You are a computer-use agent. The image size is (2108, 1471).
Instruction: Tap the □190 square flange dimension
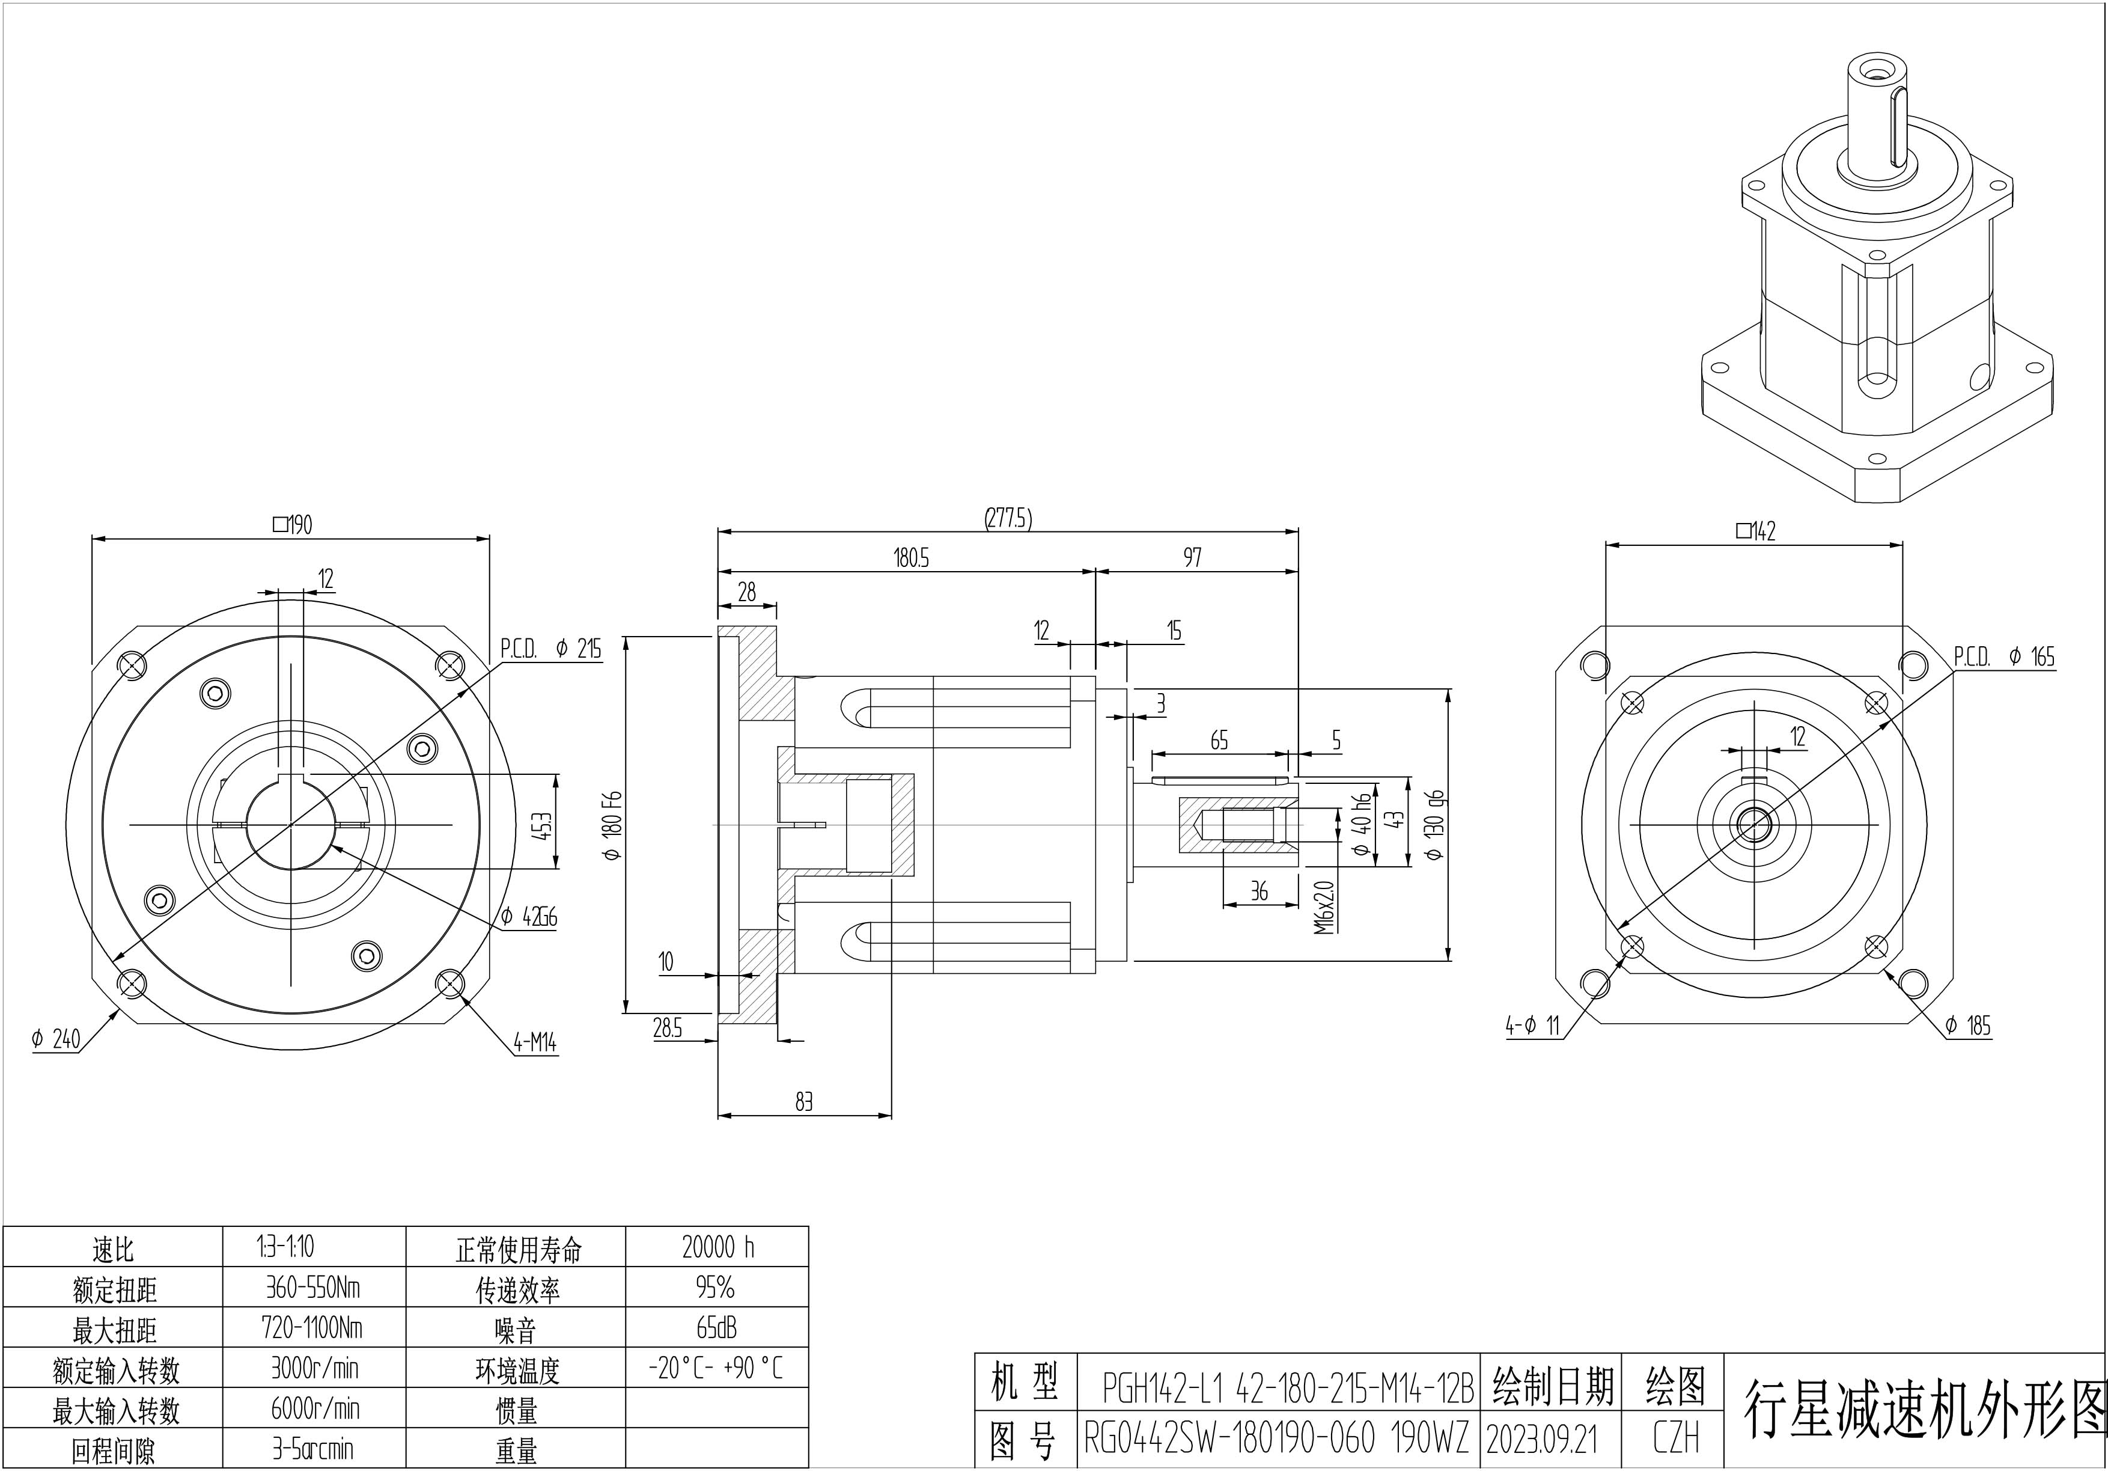point(293,524)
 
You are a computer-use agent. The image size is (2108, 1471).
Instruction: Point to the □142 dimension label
point(1755,531)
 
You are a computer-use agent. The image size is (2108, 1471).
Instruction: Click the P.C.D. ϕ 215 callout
point(551,649)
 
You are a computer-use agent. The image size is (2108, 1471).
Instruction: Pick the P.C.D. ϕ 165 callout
point(2003,656)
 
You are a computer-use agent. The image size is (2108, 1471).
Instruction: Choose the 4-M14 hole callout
point(534,1042)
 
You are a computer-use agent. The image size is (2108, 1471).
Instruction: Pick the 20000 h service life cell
point(717,1247)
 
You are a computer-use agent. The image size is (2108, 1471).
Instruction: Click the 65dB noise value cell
point(717,1328)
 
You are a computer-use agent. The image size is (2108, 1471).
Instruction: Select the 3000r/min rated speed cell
point(314,1368)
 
